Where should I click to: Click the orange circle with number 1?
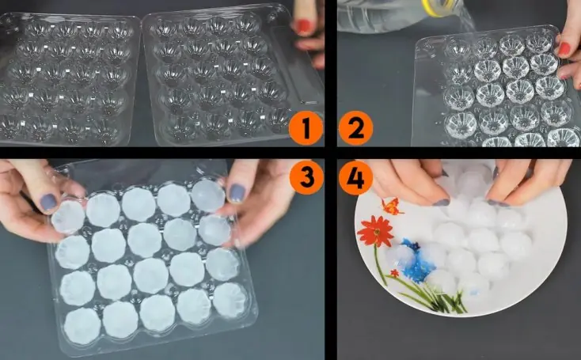[306, 127]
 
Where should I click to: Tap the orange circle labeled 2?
[355, 127]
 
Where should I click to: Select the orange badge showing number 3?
[306, 177]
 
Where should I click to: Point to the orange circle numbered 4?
[355, 177]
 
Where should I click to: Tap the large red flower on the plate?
[376, 232]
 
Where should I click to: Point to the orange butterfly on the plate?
[392, 207]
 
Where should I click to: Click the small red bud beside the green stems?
[395, 273]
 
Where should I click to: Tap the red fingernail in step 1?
[304, 26]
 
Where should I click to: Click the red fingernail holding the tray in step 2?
[564, 49]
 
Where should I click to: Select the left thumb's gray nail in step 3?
[48, 203]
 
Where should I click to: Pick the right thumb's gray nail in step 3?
[237, 193]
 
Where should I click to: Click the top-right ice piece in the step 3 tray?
[209, 195]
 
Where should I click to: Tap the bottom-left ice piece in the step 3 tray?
[82, 326]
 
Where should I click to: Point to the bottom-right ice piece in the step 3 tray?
[230, 300]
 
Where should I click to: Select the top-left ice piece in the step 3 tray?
[69, 217]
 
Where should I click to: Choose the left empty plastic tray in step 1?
[66, 78]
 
